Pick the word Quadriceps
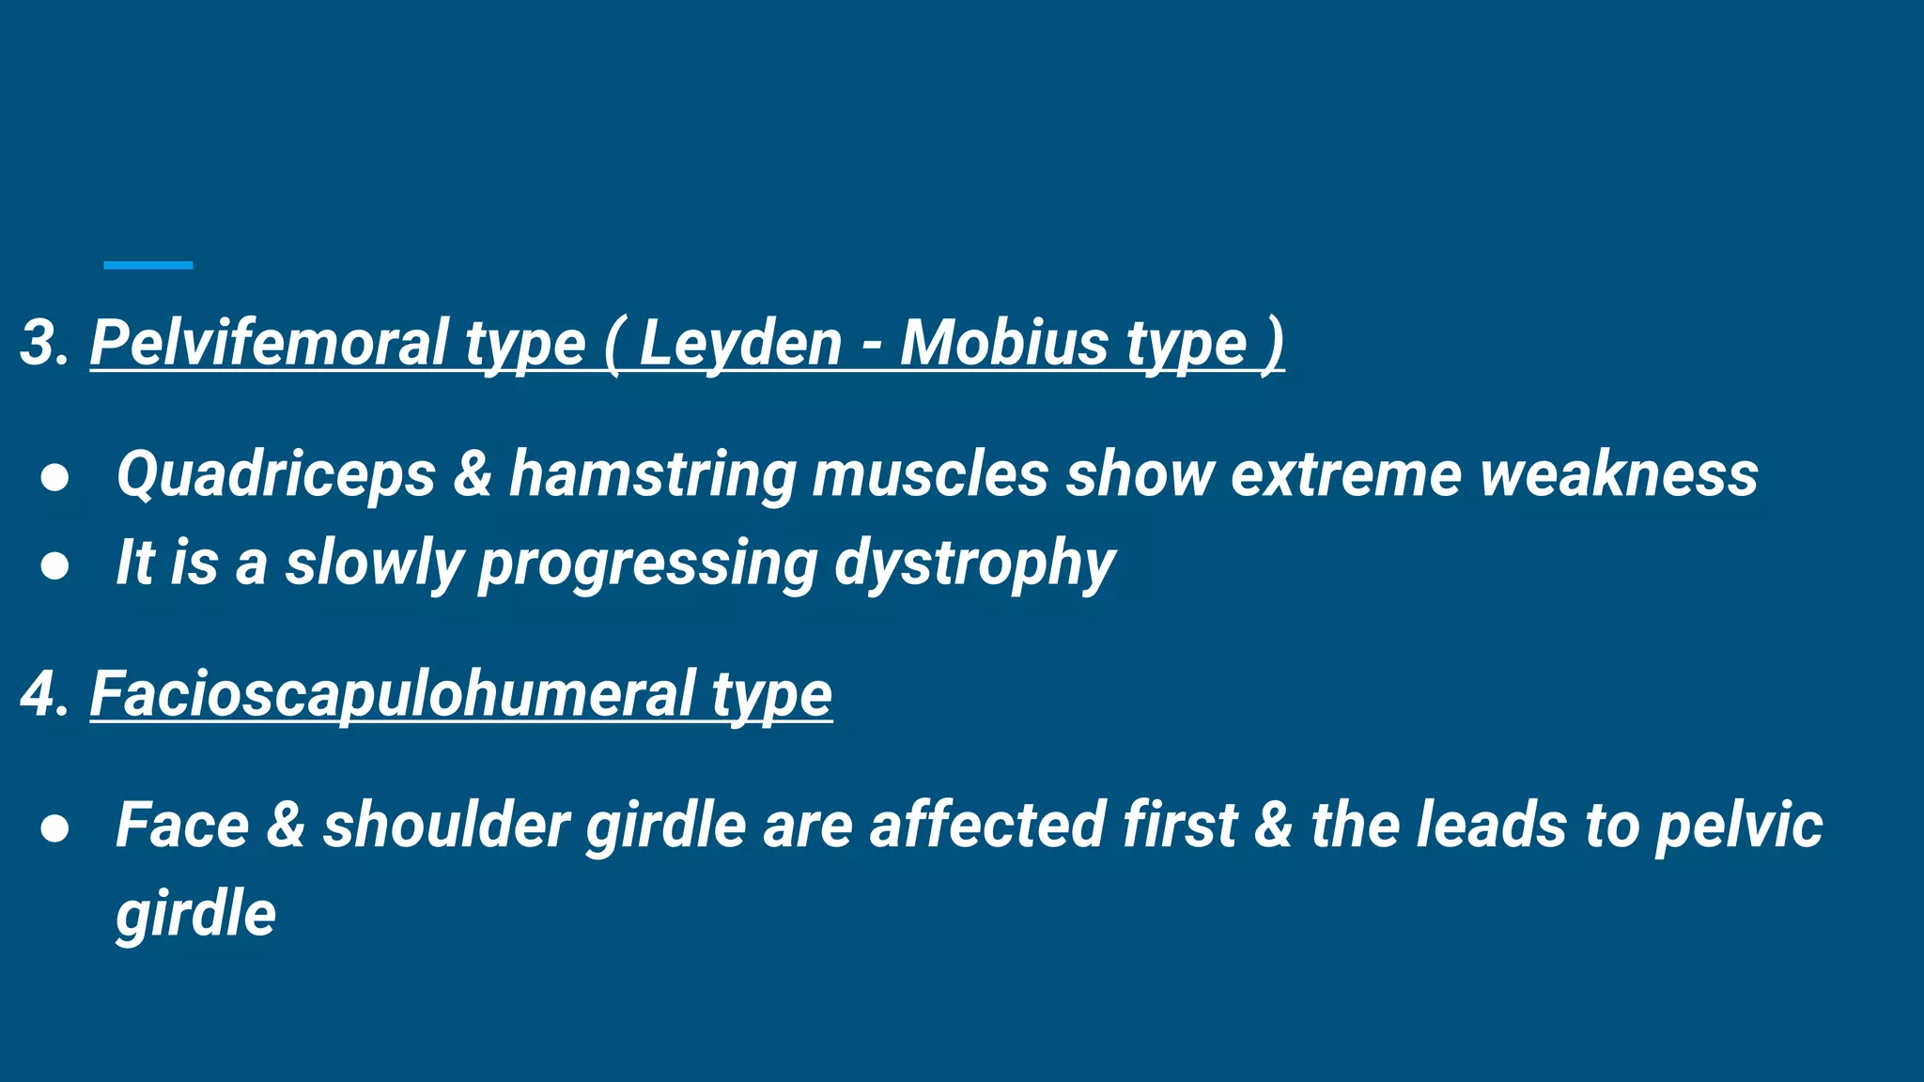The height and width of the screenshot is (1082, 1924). (275, 473)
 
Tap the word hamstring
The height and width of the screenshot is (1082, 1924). (652, 473)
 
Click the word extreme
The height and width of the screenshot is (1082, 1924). (1346, 473)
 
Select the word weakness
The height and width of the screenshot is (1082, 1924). (1619, 473)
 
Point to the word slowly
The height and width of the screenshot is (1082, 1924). (374, 563)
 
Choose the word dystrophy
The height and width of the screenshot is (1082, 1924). (974, 563)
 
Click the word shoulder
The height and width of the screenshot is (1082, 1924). (446, 826)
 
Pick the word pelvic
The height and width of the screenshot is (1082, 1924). (1739, 826)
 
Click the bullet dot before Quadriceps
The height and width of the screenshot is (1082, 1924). (55, 477)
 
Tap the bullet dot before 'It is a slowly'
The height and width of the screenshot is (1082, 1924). (55, 566)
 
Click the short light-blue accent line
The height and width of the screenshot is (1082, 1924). (148, 266)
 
